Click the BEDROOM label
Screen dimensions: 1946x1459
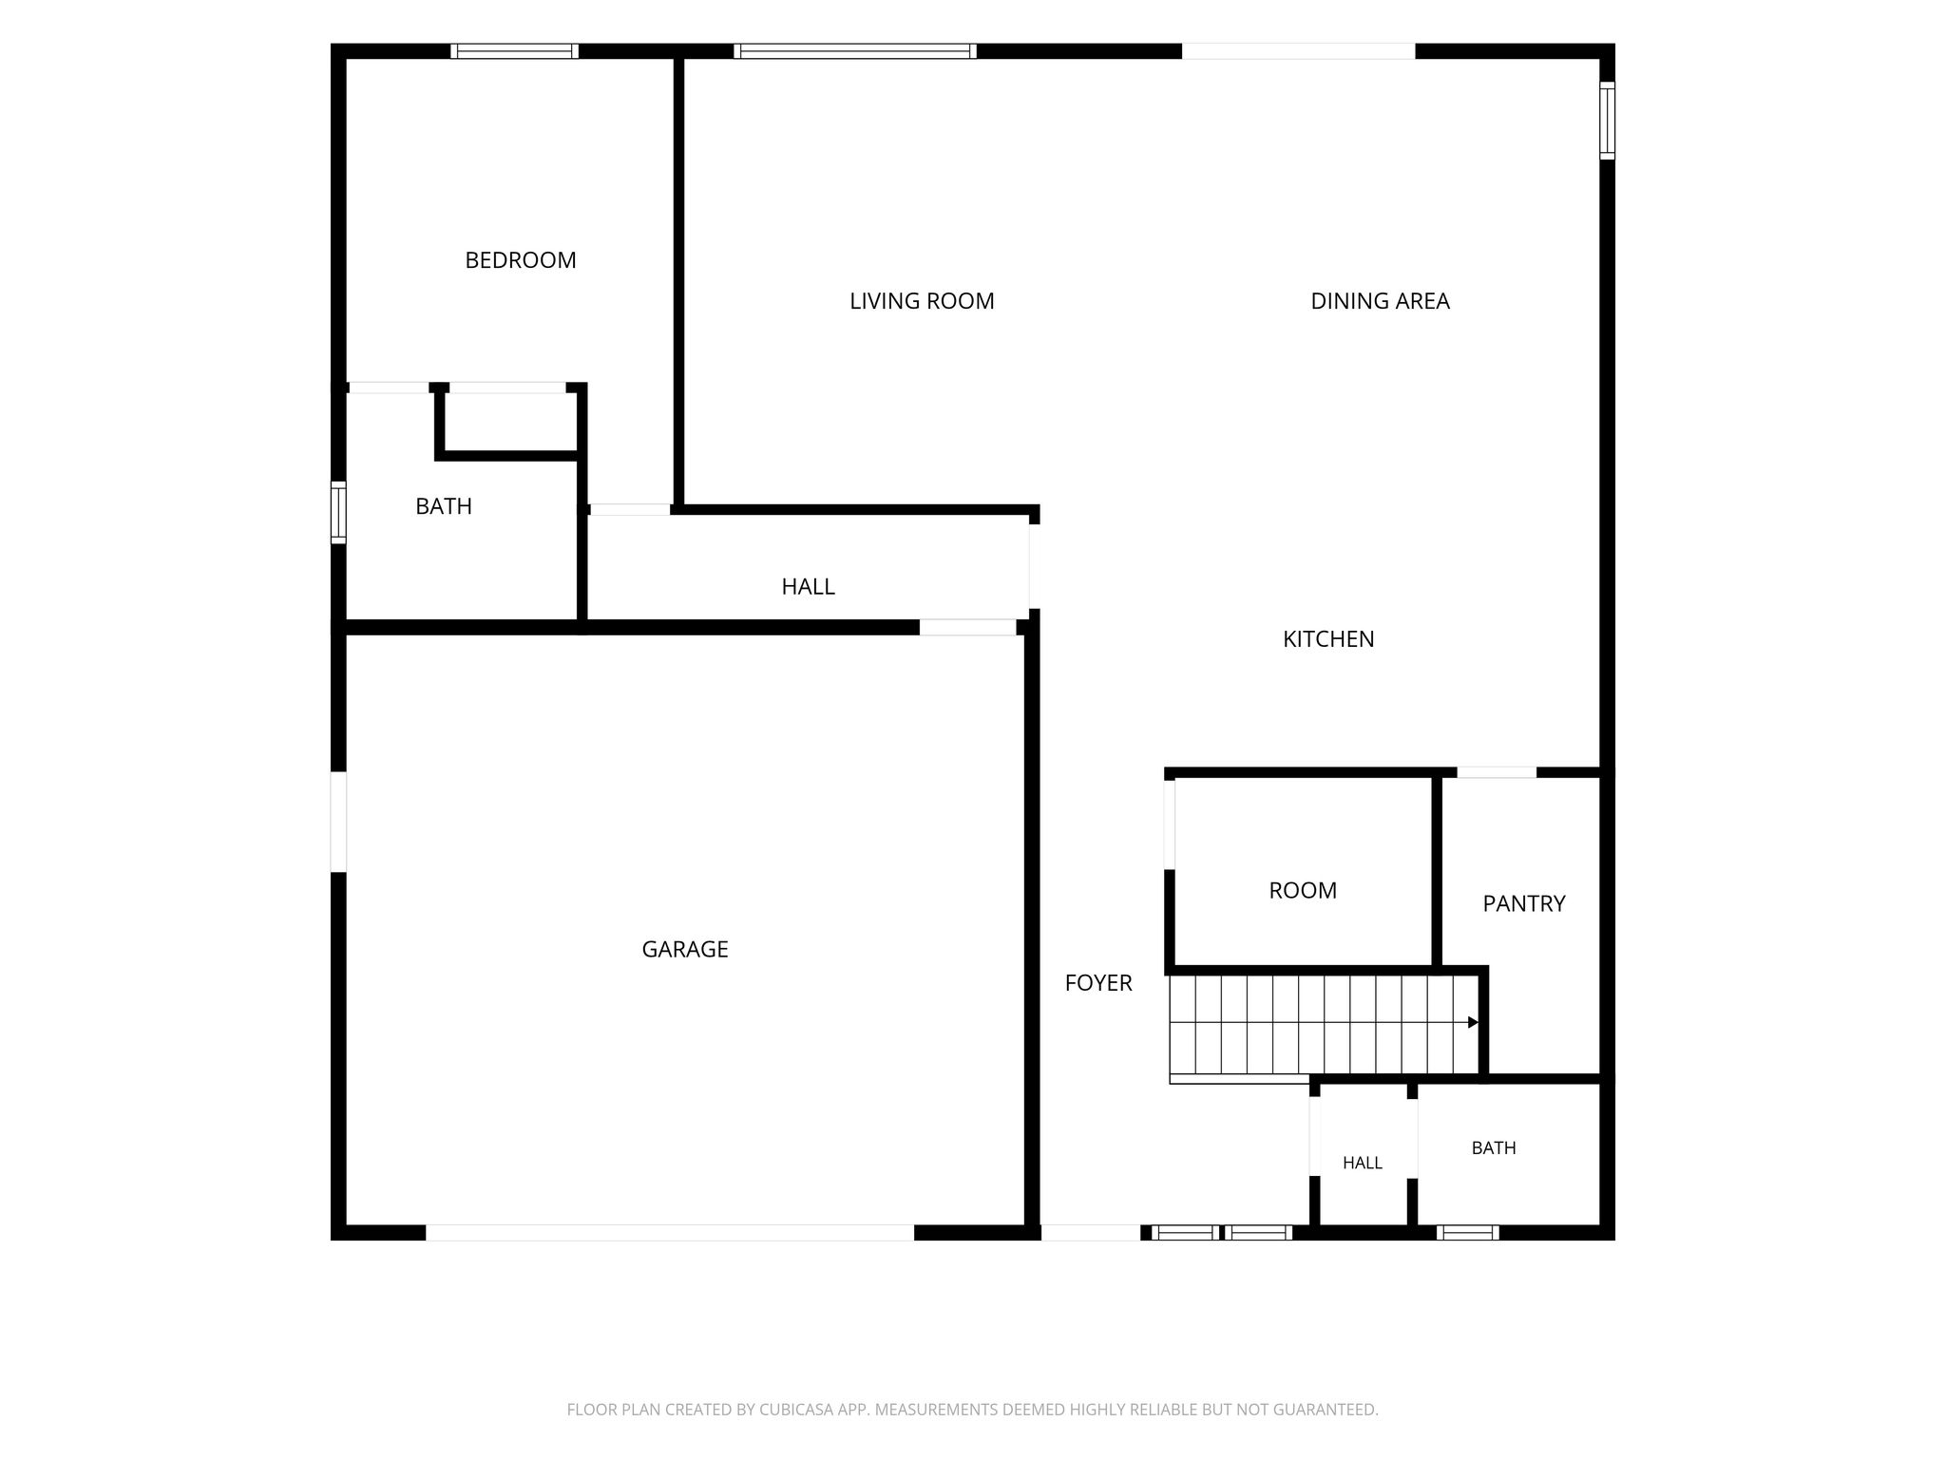click(521, 260)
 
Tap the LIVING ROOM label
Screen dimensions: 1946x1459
click(922, 301)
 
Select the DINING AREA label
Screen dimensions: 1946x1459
click(1380, 301)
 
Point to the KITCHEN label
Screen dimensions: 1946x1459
click(1328, 639)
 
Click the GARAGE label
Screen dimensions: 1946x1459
click(685, 949)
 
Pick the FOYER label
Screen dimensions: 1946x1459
click(1098, 983)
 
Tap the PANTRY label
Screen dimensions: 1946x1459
click(1524, 903)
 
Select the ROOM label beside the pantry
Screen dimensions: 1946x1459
click(1303, 890)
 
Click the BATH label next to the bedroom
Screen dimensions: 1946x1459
click(444, 506)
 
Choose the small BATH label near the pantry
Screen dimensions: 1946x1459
click(1494, 1148)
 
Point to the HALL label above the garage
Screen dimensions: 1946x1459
click(808, 587)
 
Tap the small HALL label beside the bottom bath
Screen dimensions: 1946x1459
click(1363, 1163)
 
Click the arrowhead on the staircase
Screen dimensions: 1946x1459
click(1474, 1022)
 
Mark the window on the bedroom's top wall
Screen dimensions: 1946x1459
click(514, 51)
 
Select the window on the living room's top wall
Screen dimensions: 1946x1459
click(855, 51)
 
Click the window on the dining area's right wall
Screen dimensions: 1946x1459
click(1607, 120)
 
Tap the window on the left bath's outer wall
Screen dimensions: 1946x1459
click(338, 513)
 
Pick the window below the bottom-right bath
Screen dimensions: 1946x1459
click(1468, 1233)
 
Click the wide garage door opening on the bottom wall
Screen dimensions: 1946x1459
click(670, 1233)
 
